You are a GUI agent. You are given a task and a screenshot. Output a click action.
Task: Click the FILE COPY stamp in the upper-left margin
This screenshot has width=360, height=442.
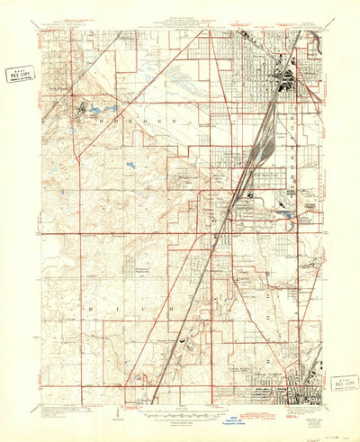(18, 74)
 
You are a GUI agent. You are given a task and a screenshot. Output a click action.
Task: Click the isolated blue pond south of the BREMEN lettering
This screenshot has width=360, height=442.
(132, 165)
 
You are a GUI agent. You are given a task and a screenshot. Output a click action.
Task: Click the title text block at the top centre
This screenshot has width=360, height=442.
(180, 22)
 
